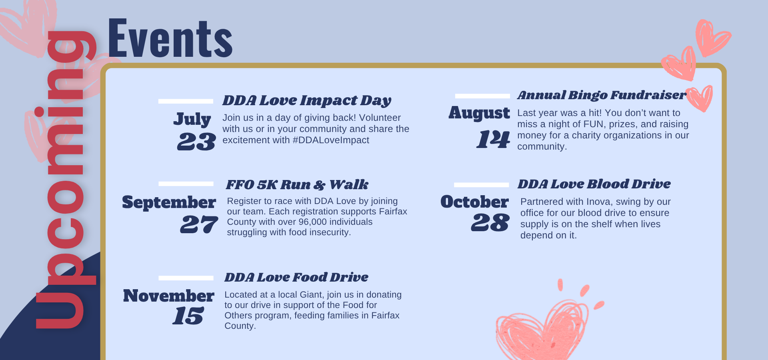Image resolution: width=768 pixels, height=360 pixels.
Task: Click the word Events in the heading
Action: tap(170, 39)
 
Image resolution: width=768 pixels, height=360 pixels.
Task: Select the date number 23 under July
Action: tap(196, 142)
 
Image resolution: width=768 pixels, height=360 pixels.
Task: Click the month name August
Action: tap(479, 113)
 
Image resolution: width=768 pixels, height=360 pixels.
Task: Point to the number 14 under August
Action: tap(493, 139)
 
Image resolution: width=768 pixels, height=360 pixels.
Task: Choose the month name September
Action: tap(169, 202)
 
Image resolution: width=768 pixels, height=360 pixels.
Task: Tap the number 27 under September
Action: tap(199, 224)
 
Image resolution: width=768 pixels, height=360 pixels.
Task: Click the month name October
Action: tap(474, 202)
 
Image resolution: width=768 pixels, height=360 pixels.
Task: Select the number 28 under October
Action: tap(490, 222)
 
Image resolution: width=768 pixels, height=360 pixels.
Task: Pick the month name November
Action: tap(168, 296)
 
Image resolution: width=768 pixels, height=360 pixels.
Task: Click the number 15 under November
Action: tap(188, 316)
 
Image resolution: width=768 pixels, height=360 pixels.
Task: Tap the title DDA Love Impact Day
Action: tap(307, 100)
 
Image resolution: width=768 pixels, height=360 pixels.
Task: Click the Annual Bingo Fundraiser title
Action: tap(601, 95)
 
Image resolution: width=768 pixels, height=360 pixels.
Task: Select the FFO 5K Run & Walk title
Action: tap(297, 185)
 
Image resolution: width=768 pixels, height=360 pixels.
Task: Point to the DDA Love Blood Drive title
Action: tap(594, 184)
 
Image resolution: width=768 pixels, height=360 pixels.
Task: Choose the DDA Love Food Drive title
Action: tap(296, 277)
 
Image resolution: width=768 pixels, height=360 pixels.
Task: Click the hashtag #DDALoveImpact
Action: tap(331, 140)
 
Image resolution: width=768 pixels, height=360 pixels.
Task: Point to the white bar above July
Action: tap(186, 101)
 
